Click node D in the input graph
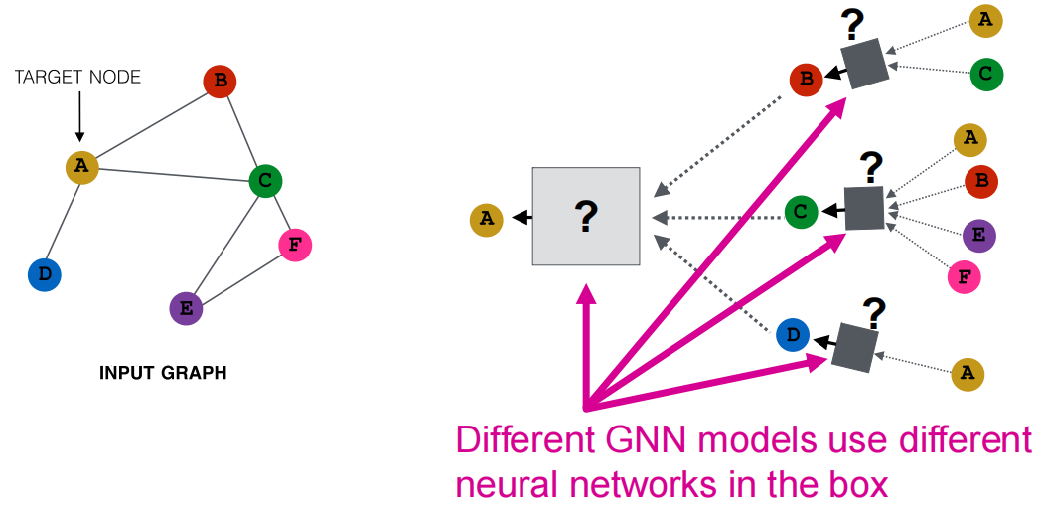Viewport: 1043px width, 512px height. (x=45, y=275)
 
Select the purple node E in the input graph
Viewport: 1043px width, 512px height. (x=187, y=308)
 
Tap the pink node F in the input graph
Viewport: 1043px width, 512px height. (x=295, y=245)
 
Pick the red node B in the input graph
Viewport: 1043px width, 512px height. (x=220, y=82)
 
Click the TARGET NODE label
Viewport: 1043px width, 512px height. (x=77, y=78)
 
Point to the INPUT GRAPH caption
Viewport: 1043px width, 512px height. (x=163, y=373)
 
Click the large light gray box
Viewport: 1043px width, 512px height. (x=586, y=217)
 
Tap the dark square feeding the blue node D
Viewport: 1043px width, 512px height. (x=854, y=347)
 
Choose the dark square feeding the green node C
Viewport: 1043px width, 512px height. (x=865, y=209)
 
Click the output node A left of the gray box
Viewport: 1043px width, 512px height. (x=487, y=219)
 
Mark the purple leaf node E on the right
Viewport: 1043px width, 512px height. (x=979, y=235)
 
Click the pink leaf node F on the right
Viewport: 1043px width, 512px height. (x=965, y=276)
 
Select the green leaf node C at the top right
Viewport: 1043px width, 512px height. (x=986, y=74)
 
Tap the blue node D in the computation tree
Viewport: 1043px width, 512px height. (x=793, y=336)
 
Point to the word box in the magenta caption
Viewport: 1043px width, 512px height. (x=859, y=486)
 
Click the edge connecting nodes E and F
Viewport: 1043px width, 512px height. (x=240, y=277)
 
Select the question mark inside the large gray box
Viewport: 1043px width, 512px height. (x=586, y=217)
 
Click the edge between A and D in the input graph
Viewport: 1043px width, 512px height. (x=63, y=221)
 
